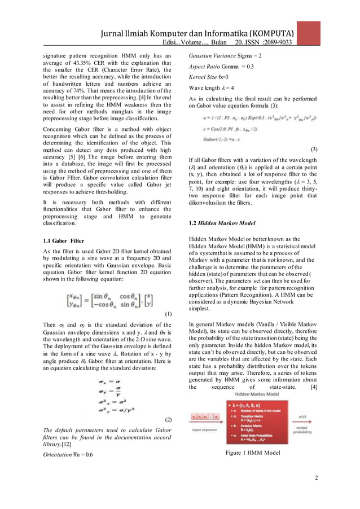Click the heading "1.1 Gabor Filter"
[x=64, y=241]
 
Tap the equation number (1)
[x=168, y=314]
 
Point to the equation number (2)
[x=168, y=420]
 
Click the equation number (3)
[x=314, y=149]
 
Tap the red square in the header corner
[x=309, y=33]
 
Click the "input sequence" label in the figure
[x=204, y=429]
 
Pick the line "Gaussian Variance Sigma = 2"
[x=225, y=55]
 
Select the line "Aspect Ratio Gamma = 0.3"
[x=221, y=67]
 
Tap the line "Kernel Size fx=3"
[x=208, y=77]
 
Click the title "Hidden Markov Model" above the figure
[x=254, y=394]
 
